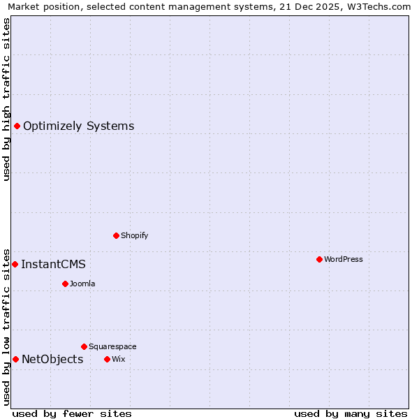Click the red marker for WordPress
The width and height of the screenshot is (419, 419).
[x=319, y=259]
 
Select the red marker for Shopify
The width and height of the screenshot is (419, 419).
[x=116, y=235]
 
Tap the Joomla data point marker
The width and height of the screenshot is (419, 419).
[x=65, y=284]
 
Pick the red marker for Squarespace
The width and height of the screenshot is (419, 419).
[x=84, y=346]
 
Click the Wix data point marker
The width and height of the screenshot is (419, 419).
[x=107, y=359]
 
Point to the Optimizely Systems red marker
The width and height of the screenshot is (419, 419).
[x=17, y=126]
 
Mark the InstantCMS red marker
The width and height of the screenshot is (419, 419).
[x=15, y=264]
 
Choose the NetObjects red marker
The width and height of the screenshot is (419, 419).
[x=15, y=359]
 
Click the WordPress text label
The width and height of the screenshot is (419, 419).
[x=344, y=259]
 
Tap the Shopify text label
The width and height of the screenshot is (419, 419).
[x=135, y=235]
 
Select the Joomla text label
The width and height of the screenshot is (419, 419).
[x=82, y=284]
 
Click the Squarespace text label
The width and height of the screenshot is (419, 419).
[x=112, y=346]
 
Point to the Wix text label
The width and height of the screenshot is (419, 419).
[x=118, y=359]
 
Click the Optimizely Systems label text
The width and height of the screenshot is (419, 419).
[x=79, y=126]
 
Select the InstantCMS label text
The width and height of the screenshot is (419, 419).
[x=54, y=264]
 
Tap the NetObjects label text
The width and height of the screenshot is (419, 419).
[x=52, y=359]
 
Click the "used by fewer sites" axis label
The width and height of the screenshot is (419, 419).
[x=72, y=413]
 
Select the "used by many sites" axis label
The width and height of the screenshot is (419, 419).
[x=351, y=413]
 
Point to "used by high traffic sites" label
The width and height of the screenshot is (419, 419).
[x=7, y=99]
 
